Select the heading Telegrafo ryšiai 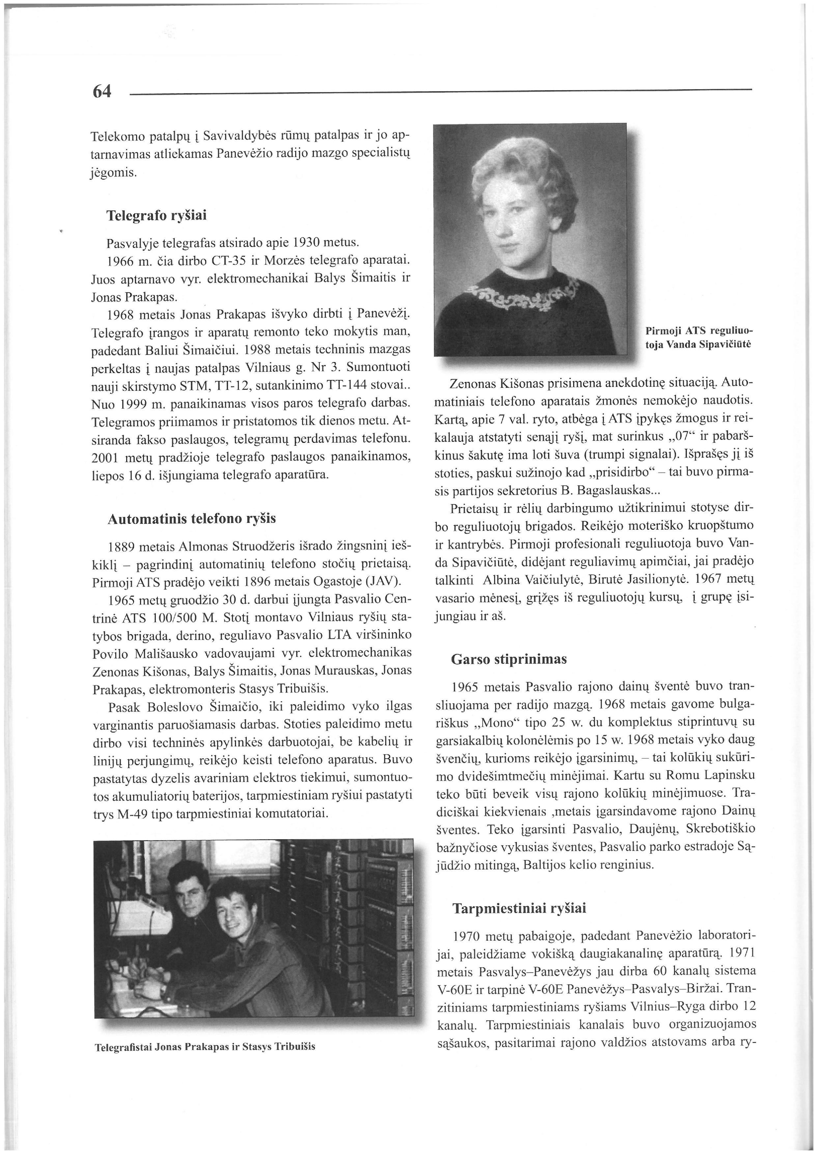[x=156, y=216]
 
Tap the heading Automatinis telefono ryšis [x=192, y=519]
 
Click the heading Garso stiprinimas [x=509, y=659]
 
